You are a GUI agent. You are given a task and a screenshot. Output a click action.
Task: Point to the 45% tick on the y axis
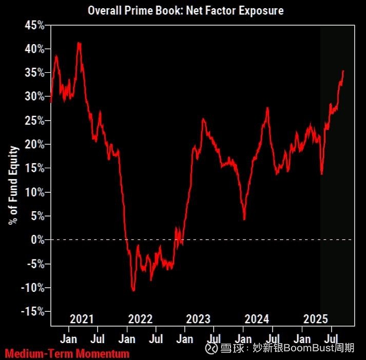33,25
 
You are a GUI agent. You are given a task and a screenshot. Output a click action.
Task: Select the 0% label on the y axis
37,239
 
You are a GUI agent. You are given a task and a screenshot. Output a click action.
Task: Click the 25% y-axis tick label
33,121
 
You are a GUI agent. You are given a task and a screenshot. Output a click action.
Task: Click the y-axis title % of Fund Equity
14,185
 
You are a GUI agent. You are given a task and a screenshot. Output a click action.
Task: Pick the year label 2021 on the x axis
82,319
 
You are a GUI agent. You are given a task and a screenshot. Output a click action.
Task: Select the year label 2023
198,319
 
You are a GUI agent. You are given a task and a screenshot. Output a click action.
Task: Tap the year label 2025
316,319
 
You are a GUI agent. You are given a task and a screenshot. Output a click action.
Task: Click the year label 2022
140,319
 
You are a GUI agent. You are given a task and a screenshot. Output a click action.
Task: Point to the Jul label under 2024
274,339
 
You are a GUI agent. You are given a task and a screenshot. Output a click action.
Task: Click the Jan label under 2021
68,339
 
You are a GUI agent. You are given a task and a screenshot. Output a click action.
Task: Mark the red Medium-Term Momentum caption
67,353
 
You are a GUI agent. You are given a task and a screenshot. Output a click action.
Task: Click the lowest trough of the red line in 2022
133,291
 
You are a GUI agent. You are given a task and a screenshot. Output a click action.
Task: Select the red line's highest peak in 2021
79,43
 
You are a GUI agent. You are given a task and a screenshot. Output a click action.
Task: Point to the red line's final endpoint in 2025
343,71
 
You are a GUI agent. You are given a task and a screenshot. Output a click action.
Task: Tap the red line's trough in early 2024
244,219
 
